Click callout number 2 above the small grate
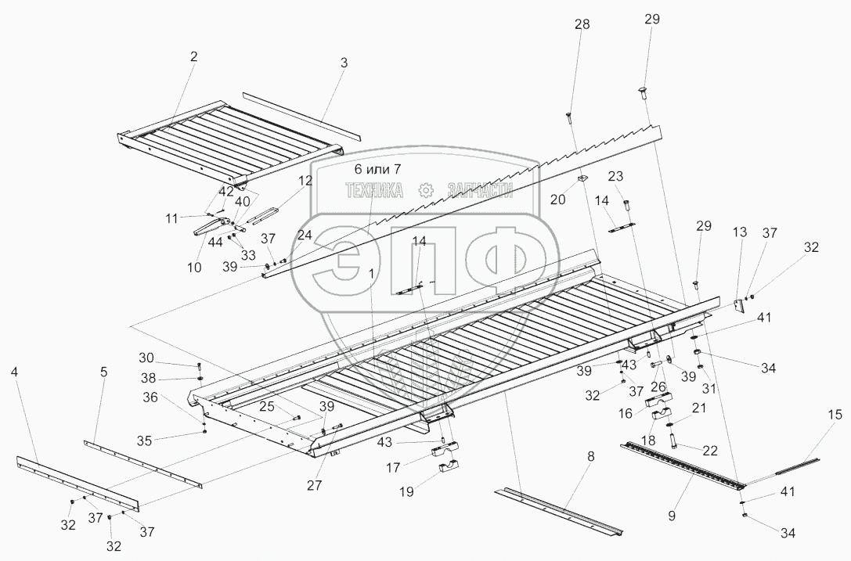[193, 56]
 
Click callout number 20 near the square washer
[557, 199]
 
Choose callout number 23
[615, 175]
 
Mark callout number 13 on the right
[740, 232]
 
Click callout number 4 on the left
[15, 372]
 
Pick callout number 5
[103, 372]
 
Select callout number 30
[146, 358]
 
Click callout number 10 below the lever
[194, 268]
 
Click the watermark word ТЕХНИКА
[375, 190]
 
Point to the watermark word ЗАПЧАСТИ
[480, 190]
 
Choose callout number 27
[315, 484]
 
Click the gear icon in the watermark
[425, 190]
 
